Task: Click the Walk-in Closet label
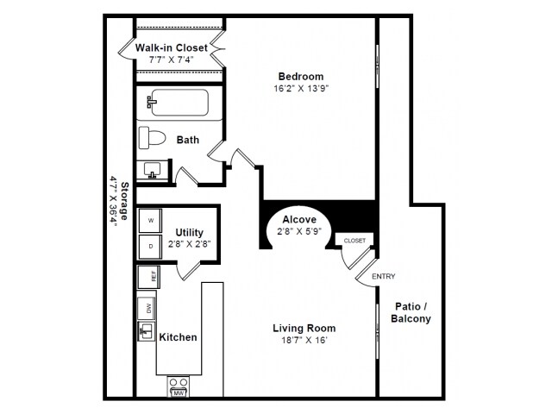[171, 47]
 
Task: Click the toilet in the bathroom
[153, 138]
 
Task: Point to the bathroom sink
[154, 169]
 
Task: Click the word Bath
[188, 140]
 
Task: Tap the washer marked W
[150, 221]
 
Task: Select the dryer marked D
[150, 247]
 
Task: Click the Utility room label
[189, 232]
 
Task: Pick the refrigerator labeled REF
[148, 277]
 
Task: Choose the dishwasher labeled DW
[148, 308]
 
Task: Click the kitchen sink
[147, 331]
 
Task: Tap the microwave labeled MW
[179, 392]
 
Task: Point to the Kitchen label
[178, 337]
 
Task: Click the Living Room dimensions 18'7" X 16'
[304, 341]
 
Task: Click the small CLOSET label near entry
[354, 241]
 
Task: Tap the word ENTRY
[383, 276]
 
